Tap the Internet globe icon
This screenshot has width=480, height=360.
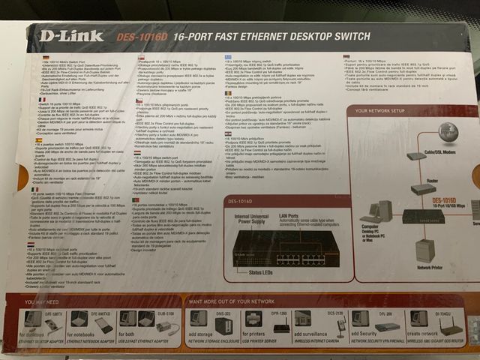click(x=448, y=134)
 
